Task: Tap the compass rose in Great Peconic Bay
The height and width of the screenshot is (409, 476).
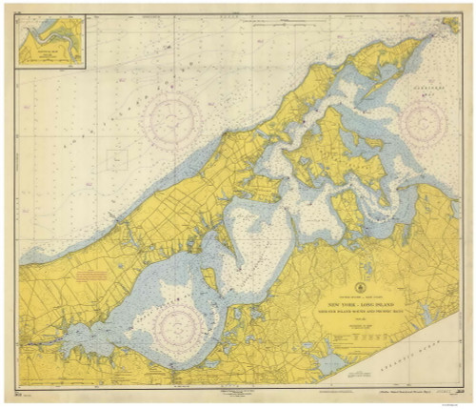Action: point(176,324)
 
